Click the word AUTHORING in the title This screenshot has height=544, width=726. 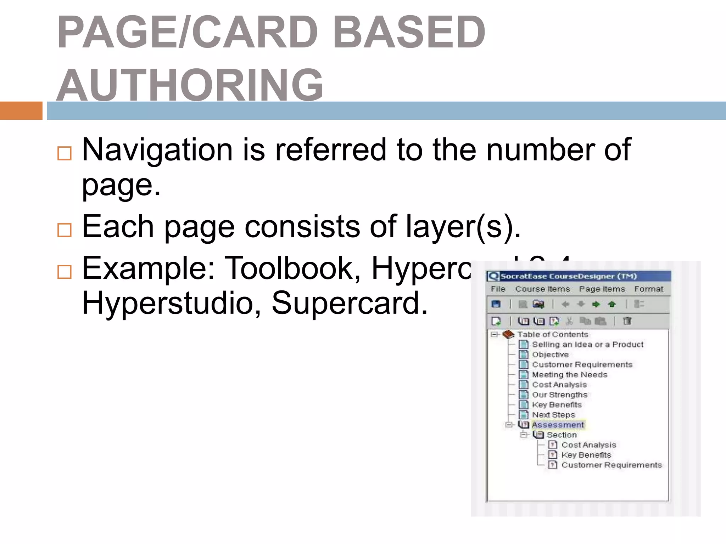pos(190,85)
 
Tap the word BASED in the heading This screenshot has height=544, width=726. pos(409,33)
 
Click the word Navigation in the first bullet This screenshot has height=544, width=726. pos(157,150)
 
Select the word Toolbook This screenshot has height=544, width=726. pos(292,268)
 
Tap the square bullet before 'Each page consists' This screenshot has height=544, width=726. pos(65,230)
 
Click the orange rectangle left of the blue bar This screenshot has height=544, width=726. pos(21,110)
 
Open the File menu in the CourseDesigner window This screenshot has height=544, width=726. pos(498,289)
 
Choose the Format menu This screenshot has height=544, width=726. pos(648,289)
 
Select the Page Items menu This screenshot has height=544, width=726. pos(602,289)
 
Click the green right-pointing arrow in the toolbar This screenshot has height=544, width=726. pos(596,304)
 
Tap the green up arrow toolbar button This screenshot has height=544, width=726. pos(612,304)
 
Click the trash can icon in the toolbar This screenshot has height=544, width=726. pos(627,321)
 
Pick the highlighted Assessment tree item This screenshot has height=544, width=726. pos(558,425)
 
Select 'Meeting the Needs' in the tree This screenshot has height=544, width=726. pos(569,374)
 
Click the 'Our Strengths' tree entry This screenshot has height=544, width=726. pos(559,395)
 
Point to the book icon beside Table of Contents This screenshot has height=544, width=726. pos(508,334)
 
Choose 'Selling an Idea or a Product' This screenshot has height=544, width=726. pos(587,344)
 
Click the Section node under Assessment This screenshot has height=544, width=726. pos(562,435)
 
